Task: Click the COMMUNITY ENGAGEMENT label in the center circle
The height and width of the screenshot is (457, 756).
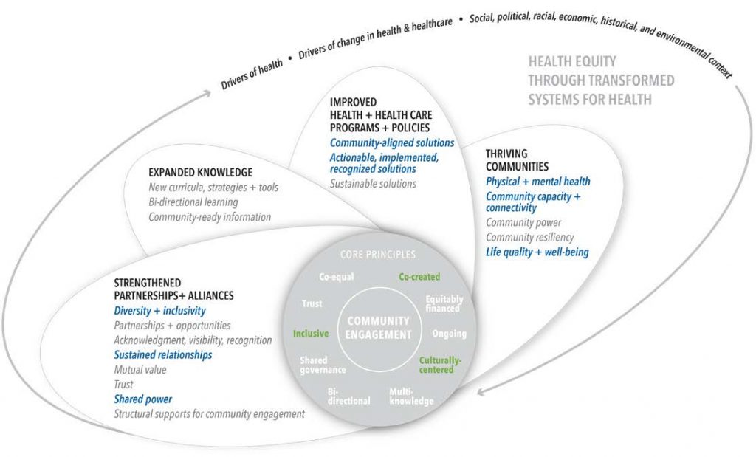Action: coord(379,328)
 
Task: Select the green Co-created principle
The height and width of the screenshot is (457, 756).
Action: coord(419,277)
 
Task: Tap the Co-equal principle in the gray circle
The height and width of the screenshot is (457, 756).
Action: coord(337,277)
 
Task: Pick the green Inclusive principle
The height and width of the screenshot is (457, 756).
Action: coord(311,333)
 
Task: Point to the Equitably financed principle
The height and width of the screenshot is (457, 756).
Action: coord(444,303)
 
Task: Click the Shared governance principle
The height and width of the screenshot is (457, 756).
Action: coord(323,365)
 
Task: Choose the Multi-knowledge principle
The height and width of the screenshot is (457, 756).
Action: coord(411,396)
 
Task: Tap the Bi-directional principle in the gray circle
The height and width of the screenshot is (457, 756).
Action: coord(348,396)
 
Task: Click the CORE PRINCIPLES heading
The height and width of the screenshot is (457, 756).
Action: coord(378,254)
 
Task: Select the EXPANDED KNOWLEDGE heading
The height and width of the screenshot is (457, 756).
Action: coord(200,172)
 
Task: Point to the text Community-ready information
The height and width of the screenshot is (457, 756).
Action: coord(210,217)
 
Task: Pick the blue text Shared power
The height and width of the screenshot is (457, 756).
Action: coord(142,399)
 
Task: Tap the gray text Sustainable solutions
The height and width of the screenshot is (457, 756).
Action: coord(373,184)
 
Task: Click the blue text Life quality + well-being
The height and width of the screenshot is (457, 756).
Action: coord(537,252)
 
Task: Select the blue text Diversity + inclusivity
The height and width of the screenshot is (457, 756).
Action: coord(159,311)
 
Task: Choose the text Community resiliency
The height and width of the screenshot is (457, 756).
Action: coord(530,237)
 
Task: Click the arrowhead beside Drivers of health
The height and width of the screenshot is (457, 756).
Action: coord(207,93)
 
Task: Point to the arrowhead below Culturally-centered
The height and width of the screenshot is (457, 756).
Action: coord(481,392)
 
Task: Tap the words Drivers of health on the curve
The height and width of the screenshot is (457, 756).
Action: coord(252,75)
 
